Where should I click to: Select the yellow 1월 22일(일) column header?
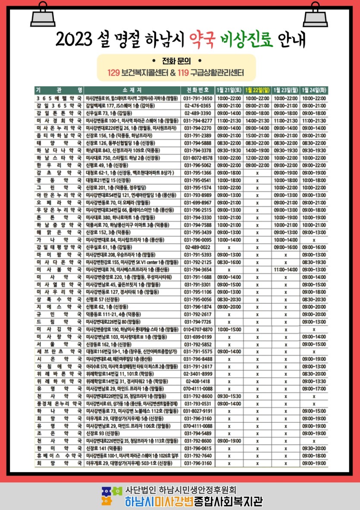[x=257, y=90]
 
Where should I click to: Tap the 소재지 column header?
[x=131, y=90]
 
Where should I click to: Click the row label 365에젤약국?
[x=59, y=98]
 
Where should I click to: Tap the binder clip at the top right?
[x=316, y=16]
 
